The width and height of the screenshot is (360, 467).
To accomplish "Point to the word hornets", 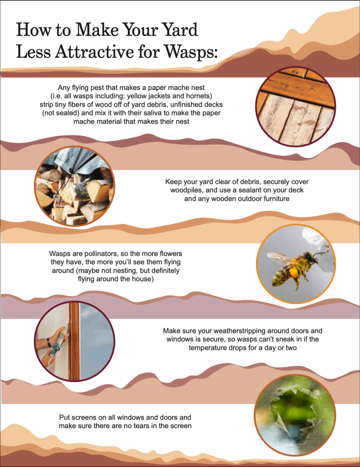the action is [x=199, y=96].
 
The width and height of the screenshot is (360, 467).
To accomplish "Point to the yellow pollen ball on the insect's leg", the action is [x=294, y=272].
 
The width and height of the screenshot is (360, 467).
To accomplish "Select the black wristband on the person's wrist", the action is [x=48, y=342].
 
